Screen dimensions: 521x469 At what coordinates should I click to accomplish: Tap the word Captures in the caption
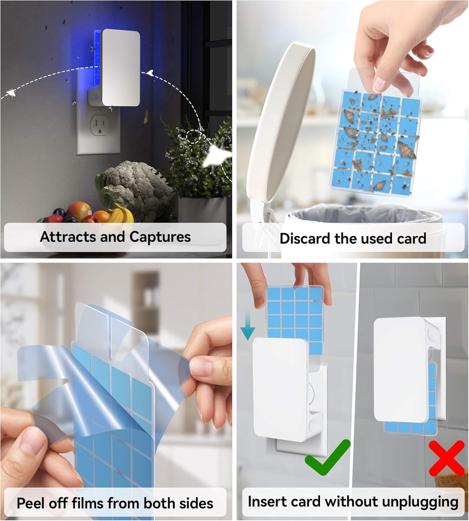pyautogui.click(x=160, y=237)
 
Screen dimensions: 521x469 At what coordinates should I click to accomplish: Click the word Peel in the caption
pyautogui.click(x=31, y=503)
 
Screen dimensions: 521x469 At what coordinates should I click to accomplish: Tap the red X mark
pyautogui.click(x=447, y=458)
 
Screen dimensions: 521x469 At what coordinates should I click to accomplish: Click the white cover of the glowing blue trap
pyautogui.click(x=121, y=68)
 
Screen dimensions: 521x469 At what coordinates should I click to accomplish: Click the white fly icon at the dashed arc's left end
pyautogui.click(x=10, y=93)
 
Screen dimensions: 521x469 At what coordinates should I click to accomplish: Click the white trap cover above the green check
pyautogui.click(x=280, y=386)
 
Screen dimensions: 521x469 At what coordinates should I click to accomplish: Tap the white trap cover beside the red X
pyautogui.click(x=400, y=368)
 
